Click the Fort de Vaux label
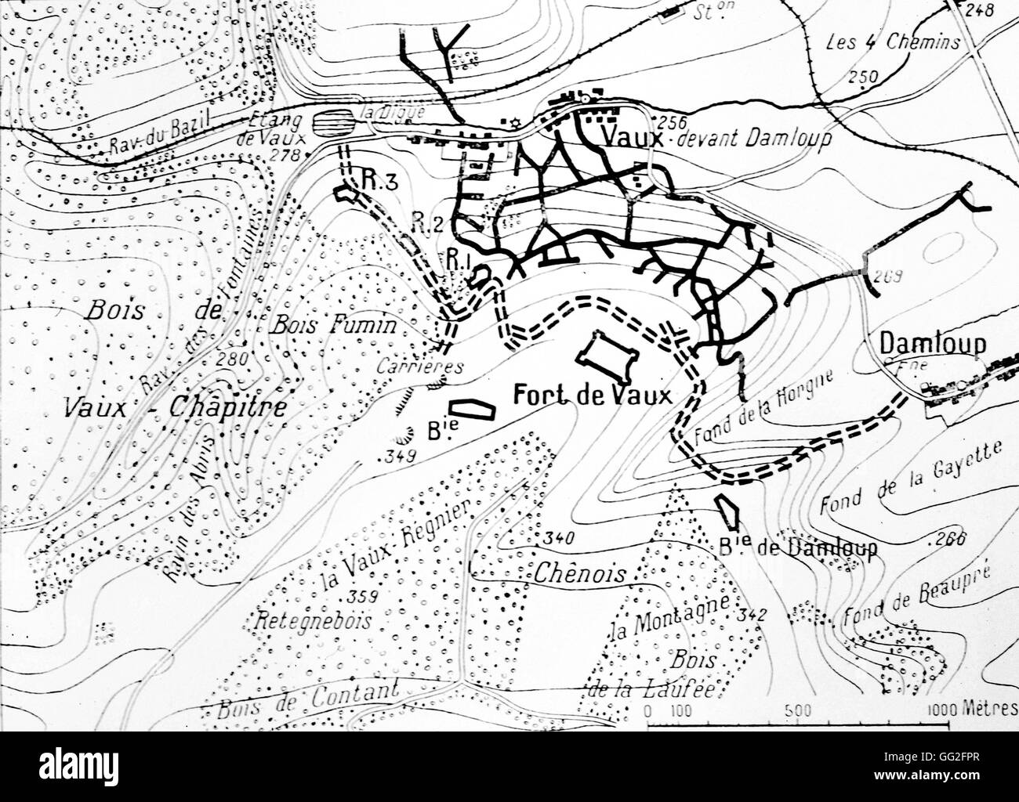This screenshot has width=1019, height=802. (x=592, y=396)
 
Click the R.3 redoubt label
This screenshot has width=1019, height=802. (x=382, y=180)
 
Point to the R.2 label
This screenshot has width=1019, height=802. (x=423, y=225)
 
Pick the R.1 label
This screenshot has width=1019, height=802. (x=459, y=256)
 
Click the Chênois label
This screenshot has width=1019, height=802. (x=582, y=573)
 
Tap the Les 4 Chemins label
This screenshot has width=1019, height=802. (x=893, y=42)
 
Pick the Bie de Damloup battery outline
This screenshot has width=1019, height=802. (x=728, y=514)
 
